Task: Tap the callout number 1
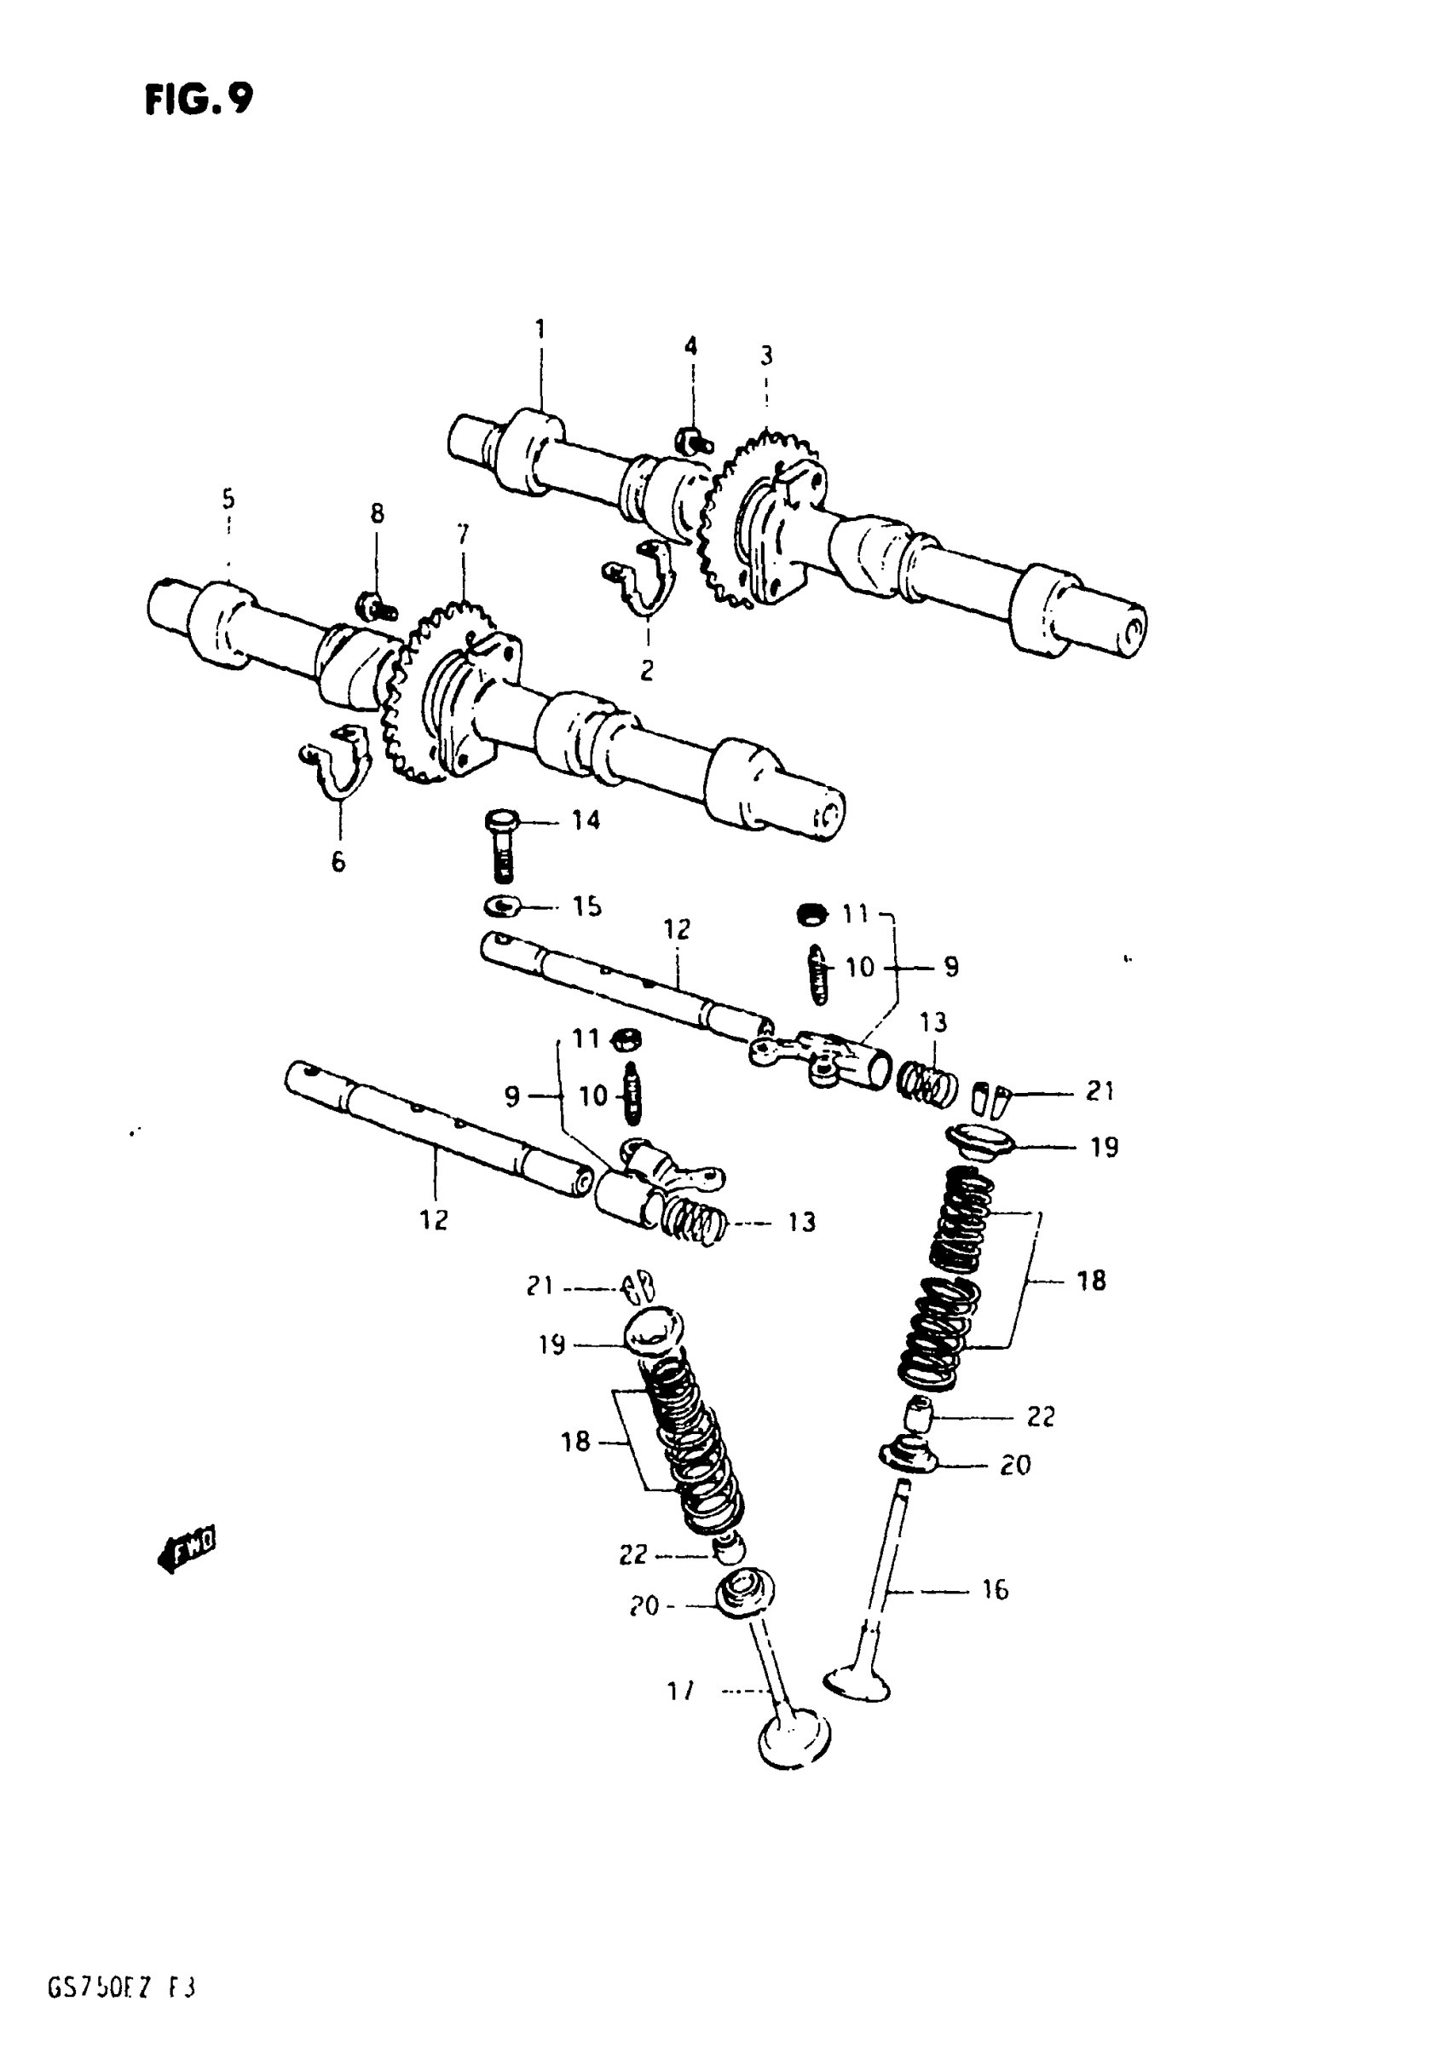tap(540, 330)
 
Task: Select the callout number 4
tap(690, 346)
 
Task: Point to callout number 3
tap(765, 356)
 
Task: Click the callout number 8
tap(377, 513)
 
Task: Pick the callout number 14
tap(586, 819)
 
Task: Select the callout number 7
tap(463, 535)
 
